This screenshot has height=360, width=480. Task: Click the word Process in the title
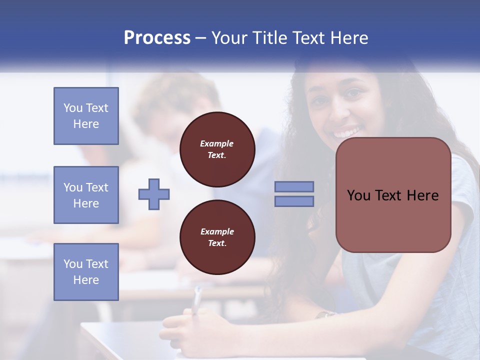[157, 38]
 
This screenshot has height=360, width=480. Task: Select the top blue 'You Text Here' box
[86, 116]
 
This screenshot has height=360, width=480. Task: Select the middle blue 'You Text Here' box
[86, 195]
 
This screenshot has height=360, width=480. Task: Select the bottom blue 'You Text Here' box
[86, 272]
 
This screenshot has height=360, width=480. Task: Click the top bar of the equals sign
[294, 187]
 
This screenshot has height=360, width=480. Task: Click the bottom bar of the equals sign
[294, 201]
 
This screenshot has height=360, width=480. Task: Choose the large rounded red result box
[393, 220]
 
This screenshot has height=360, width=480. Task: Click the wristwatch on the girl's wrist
[325, 314]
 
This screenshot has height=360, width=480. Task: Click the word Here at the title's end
[349, 38]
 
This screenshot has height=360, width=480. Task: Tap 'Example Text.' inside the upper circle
[217, 149]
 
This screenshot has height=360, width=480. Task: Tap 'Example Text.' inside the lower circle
[217, 237]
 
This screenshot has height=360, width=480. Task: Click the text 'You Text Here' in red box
[393, 195]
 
